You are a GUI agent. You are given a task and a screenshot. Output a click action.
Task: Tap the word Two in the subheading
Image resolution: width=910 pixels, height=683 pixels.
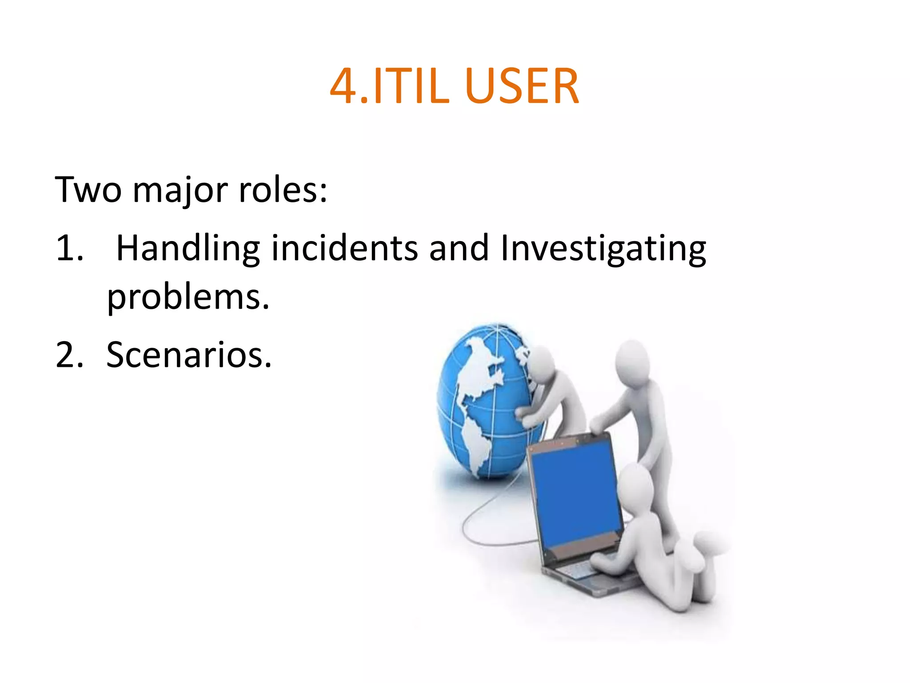pyautogui.click(x=88, y=190)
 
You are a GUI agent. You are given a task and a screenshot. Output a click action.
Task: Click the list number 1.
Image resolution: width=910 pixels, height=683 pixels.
pyautogui.click(x=69, y=248)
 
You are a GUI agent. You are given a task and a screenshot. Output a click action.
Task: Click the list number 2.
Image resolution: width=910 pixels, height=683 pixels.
pyautogui.click(x=69, y=355)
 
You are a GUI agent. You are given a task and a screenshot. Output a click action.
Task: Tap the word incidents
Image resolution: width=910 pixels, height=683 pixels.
pyautogui.click(x=345, y=248)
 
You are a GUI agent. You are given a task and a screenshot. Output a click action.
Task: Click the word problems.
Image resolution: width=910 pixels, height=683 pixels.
pyautogui.click(x=188, y=298)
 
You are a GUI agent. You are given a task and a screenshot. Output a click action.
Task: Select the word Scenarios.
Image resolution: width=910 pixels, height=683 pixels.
pyautogui.click(x=189, y=355)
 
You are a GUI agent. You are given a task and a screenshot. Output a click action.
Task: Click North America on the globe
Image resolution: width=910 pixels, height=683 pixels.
pyautogui.click(x=478, y=369)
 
